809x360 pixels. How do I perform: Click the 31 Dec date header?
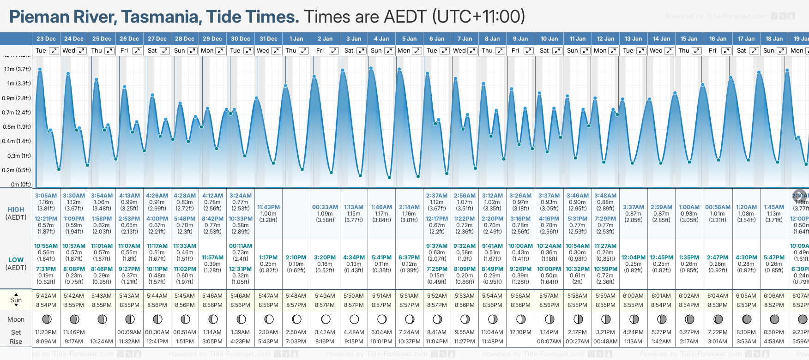pyautogui.click(x=268, y=39)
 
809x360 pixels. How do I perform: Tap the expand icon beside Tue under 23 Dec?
pyautogui.click(x=54, y=51)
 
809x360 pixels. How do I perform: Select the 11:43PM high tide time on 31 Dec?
pyautogui.click(x=268, y=207)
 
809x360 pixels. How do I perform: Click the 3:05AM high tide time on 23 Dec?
pyautogui.click(x=46, y=196)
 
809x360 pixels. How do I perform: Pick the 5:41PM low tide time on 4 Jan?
pyautogui.click(x=381, y=258)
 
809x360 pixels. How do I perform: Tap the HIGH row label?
pyautogui.click(x=16, y=210)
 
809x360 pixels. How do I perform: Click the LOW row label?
pyautogui.click(x=16, y=260)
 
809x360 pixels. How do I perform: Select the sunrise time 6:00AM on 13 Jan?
pyautogui.click(x=633, y=296)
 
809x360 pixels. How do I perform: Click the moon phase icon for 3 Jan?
pyautogui.click(x=354, y=319)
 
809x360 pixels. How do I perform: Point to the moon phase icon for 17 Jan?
pyautogui.click(x=746, y=319)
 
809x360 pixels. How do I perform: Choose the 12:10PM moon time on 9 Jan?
pyautogui.click(x=520, y=332)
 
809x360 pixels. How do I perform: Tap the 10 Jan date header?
pyautogui.click(x=549, y=39)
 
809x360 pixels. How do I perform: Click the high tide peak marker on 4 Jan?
pyautogui.click(x=371, y=68)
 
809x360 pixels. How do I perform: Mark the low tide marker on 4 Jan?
pyautogui.click(x=389, y=177)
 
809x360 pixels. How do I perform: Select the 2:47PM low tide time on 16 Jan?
pyautogui.click(x=718, y=258)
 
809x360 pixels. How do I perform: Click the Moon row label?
pyautogui.click(x=16, y=319)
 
